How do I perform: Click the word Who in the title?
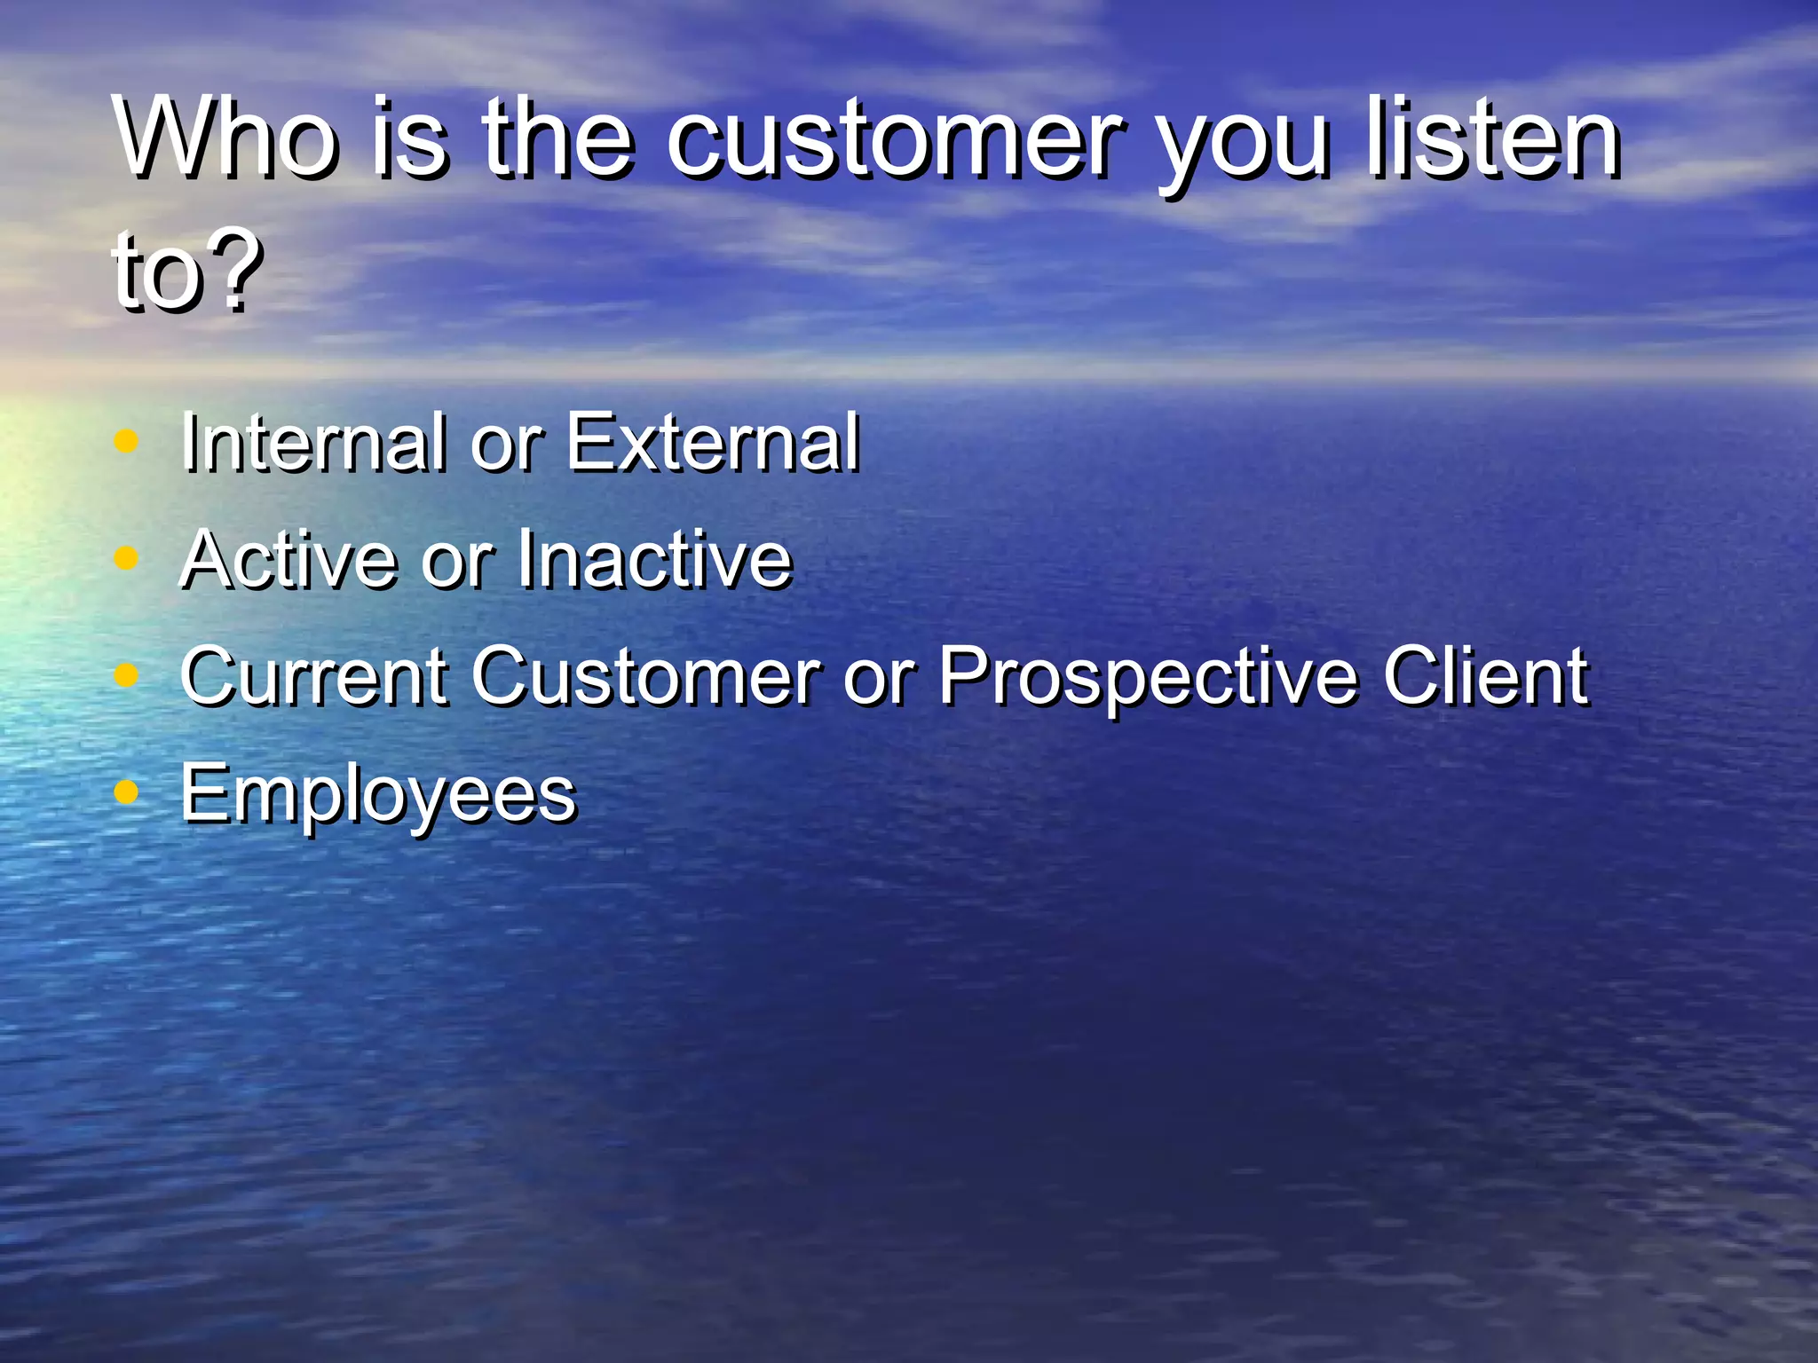point(226,138)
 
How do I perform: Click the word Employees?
point(378,795)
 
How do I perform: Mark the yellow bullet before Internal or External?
point(128,441)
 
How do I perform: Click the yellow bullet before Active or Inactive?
point(128,558)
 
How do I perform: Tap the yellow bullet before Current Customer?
point(128,676)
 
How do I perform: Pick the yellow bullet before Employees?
point(128,792)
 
